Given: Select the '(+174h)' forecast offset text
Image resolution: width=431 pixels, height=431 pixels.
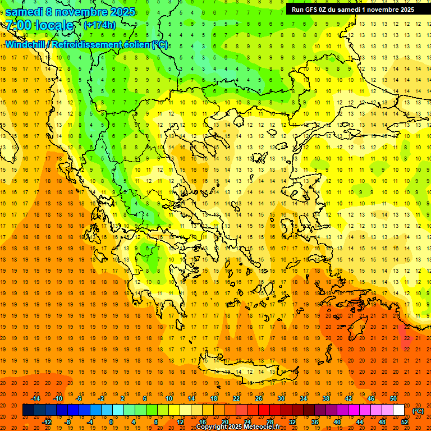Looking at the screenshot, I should [x=100, y=25].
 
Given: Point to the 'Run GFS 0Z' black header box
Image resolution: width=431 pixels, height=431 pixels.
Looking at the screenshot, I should [x=352, y=9].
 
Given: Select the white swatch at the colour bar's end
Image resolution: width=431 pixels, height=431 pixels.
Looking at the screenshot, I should [x=398, y=410].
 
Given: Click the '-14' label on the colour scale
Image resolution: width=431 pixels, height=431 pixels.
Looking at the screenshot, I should [x=36, y=398].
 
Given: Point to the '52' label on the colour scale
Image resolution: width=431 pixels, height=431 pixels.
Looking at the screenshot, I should [x=405, y=422].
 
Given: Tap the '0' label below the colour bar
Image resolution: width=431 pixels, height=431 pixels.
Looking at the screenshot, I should [x=111, y=422].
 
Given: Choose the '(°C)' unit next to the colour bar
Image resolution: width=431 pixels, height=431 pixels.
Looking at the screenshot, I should [x=418, y=410].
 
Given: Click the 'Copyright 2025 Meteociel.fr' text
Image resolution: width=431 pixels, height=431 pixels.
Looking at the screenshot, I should [x=238, y=427].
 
